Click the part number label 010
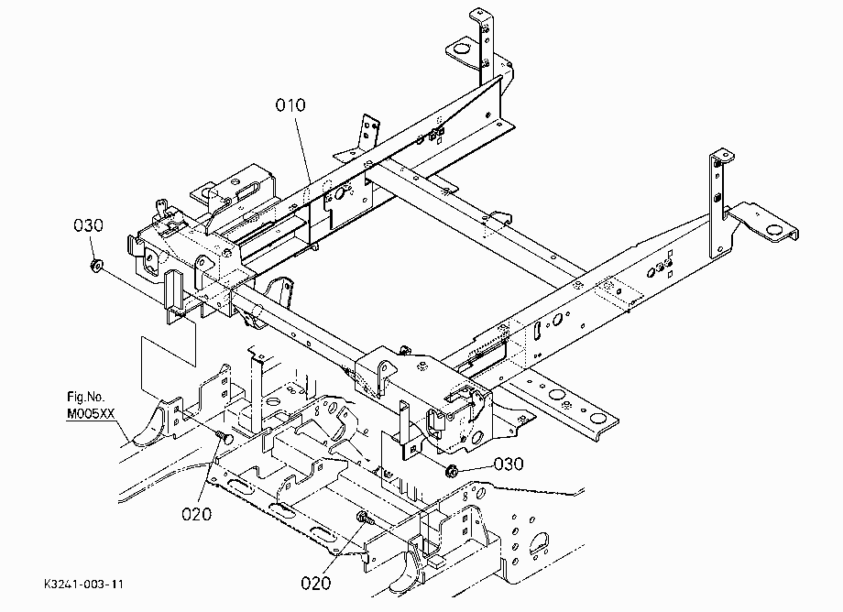tap(290, 104)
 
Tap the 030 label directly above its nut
tap(88, 225)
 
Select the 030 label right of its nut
tap(508, 464)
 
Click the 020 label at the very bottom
tap(315, 583)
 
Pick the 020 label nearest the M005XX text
tap(196, 514)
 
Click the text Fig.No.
tap(86, 397)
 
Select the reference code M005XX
tap(91, 414)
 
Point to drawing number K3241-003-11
tap(84, 585)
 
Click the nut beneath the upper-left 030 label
tap(97, 265)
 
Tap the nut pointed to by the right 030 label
tap(451, 471)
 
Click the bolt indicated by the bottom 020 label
tap(364, 519)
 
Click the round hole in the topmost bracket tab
tap(460, 49)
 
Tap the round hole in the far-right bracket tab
tap(774, 230)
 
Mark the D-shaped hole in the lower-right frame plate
tap(539, 542)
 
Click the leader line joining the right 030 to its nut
tap(475, 467)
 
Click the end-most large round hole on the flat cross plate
tap(596, 418)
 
